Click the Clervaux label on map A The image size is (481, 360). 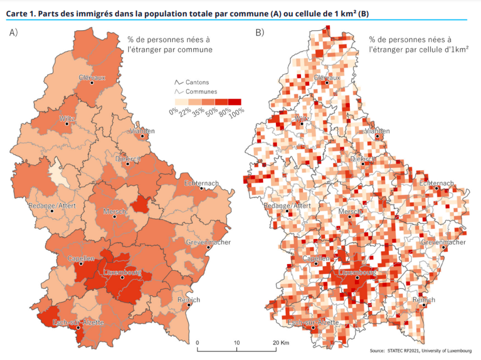point(92,77)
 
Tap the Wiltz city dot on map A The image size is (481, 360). point(67,124)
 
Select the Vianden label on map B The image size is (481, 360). point(377,131)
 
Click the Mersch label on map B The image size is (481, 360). point(349,211)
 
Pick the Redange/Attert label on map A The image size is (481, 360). point(51,206)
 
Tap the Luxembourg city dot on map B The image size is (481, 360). point(357,278)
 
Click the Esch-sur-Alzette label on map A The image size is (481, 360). point(78,323)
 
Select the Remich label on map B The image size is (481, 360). point(424,300)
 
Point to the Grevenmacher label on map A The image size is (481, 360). point(208,242)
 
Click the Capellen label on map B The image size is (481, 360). point(316,259)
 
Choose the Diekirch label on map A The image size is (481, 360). point(128,159)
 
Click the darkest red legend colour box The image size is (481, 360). point(235,102)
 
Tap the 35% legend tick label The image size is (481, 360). point(198,111)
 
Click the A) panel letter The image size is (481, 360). point(13,33)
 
